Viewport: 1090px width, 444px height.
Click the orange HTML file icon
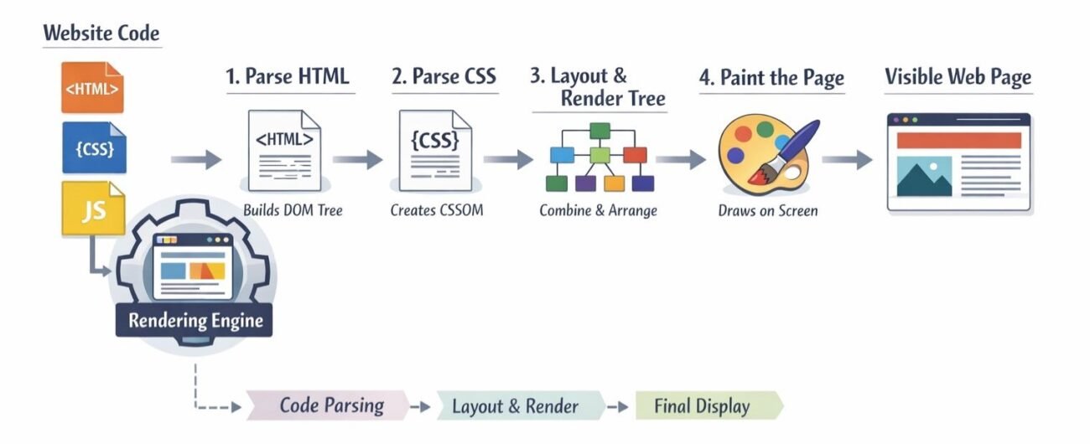click(x=92, y=87)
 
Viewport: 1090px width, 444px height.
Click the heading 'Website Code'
click(x=101, y=34)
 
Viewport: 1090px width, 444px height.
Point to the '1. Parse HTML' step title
click(x=287, y=77)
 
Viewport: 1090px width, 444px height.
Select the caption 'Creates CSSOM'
click(x=436, y=210)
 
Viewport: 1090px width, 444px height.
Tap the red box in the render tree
click(x=636, y=155)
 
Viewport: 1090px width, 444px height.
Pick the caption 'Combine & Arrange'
click(x=598, y=210)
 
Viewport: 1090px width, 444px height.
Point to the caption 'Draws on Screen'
click(x=767, y=210)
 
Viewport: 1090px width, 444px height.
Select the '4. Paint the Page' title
click(x=771, y=79)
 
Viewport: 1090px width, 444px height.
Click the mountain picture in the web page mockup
click(x=924, y=177)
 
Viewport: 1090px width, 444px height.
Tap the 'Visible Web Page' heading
click(x=958, y=78)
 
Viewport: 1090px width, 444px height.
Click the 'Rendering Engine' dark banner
click(x=195, y=320)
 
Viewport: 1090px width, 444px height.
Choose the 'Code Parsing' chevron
click(x=331, y=406)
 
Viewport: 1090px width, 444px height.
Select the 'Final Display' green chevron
click(x=703, y=406)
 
